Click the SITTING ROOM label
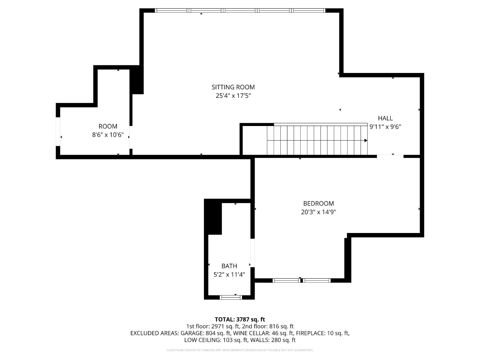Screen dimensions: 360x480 coord(233,87)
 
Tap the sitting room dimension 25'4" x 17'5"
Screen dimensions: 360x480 coord(233,96)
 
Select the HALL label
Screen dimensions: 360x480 coord(385,118)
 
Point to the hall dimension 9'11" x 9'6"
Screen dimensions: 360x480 coord(385,127)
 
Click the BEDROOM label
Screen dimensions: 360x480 coord(318,204)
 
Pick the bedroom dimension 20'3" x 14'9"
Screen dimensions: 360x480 coord(318,212)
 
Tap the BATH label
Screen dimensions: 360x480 coord(229,266)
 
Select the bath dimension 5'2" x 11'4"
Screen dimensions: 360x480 coord(229,275)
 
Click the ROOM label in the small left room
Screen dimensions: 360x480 coord(108,127)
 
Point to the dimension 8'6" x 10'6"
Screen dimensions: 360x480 coord(108,135)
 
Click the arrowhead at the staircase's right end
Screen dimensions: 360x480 coord(366,141)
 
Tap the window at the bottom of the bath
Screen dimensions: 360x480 coord(231,297)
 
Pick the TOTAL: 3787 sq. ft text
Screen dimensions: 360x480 coord(240,320)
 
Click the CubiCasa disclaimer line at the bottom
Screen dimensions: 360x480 coord(240,350)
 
